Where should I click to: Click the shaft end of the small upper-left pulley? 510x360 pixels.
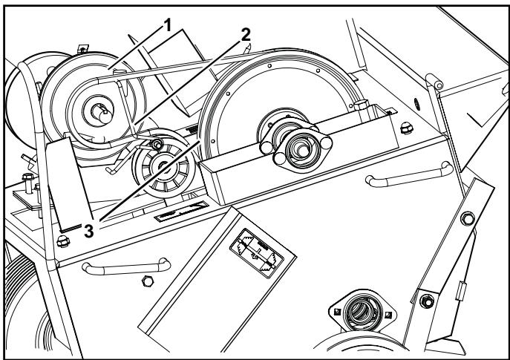pos(100,109)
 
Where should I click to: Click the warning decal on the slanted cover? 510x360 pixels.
pos(256,252)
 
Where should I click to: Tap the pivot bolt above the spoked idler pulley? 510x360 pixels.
pos(157,142)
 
